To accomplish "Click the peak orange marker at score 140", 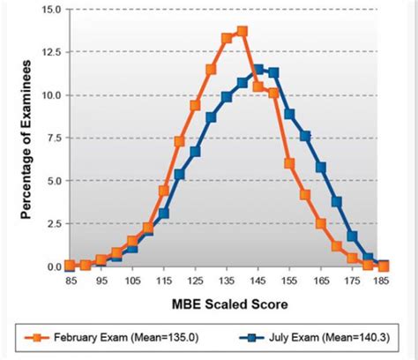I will tap(243, 32).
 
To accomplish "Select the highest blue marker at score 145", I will tap(258, 69).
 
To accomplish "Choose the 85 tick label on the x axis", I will tap(70, 281).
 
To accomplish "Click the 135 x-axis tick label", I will tap(227, 281).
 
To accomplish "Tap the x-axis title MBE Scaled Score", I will tap(226, 304).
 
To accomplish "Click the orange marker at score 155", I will tap(289, 163).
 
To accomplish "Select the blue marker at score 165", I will tap(321, 167).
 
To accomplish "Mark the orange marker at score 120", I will tap(180, 141).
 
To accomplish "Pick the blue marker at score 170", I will tap(337, 202).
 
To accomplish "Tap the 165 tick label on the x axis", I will tap(321, 281).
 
